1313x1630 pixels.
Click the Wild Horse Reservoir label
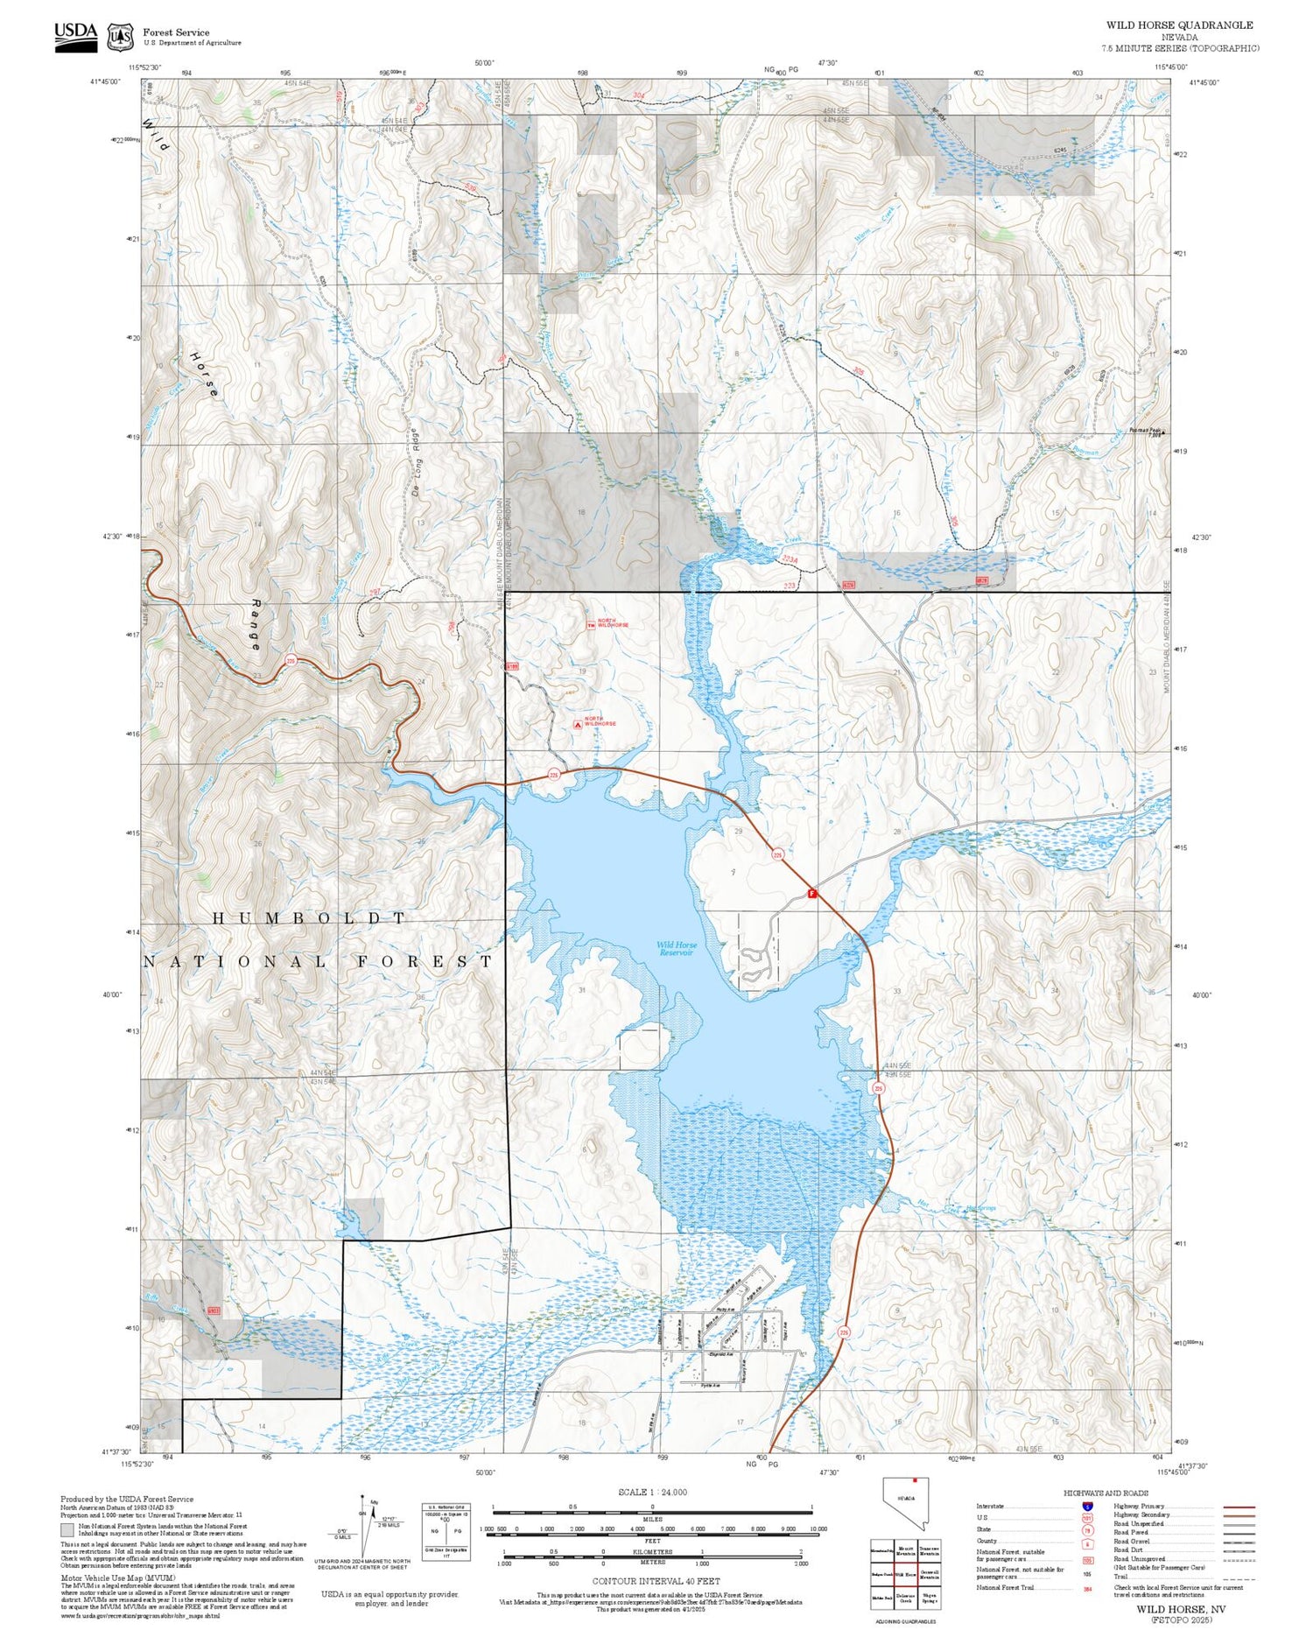tap(677, 948)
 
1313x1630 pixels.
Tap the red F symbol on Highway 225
tap(811, 894)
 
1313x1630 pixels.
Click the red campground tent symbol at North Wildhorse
tap(578, 724)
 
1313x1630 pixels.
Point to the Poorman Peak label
tap(1144, 430)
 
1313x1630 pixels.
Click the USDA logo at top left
tap(76, 37)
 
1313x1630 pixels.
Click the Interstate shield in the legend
tap(1087, 1505)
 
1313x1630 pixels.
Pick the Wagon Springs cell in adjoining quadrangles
tap(929, 1598)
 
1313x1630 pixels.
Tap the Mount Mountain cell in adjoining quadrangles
tap(905, 1550)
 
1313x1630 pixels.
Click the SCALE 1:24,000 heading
tap(652, 1492)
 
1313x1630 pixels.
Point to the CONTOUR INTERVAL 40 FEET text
tap(656, 1581)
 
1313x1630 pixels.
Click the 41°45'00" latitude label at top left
tap(105, 81)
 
